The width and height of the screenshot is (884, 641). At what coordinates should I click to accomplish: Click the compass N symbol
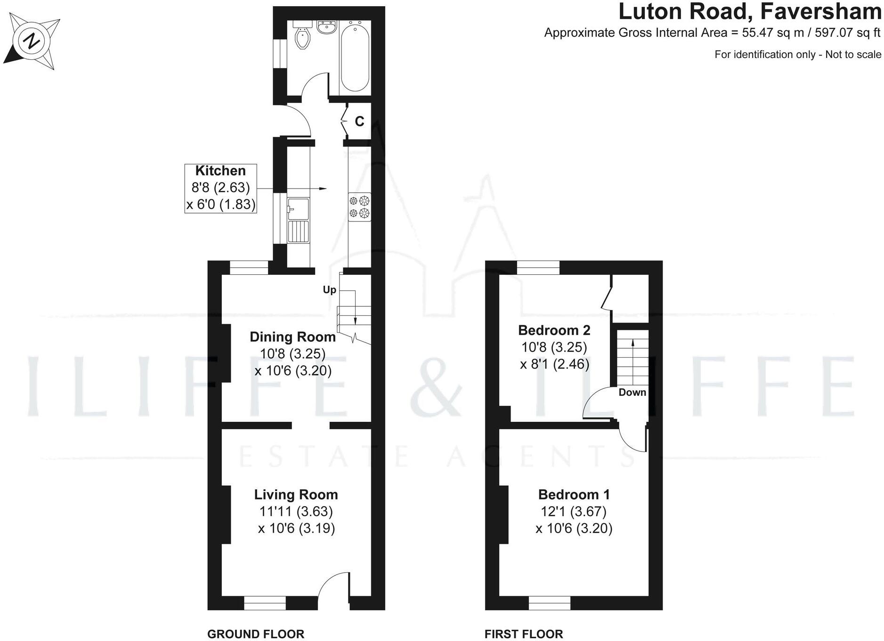click(32, 42)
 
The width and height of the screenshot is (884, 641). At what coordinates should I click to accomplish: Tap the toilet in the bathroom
click(302, 37)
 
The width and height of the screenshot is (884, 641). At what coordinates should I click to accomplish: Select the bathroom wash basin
click(326, 28)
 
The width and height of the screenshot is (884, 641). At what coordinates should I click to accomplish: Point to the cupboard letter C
click(359, 122)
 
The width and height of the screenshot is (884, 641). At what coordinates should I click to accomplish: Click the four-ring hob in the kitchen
click(359, 207)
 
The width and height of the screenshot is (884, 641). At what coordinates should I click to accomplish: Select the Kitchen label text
click(220, 171)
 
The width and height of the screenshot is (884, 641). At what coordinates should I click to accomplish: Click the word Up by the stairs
click(329, 289)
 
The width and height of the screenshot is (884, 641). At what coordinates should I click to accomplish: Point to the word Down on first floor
click(632, 392)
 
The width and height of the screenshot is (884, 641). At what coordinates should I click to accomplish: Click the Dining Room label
click(292, 337)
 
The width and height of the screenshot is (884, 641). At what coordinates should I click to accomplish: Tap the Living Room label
click(296, 494)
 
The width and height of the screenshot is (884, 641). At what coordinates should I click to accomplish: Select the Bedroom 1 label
click(574, 494)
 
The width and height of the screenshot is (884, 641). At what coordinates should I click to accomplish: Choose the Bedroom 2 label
click(554, 330)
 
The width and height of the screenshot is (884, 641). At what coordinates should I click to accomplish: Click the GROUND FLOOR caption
click(256, 634)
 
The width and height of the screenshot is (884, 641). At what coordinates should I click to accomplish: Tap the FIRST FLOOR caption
click(524, 634)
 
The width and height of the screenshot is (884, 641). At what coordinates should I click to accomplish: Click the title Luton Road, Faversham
click(749, 12)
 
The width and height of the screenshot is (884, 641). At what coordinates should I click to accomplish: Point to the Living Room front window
click(265, 603)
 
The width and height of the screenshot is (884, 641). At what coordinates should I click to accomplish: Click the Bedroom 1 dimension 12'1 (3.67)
click(574, 511)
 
